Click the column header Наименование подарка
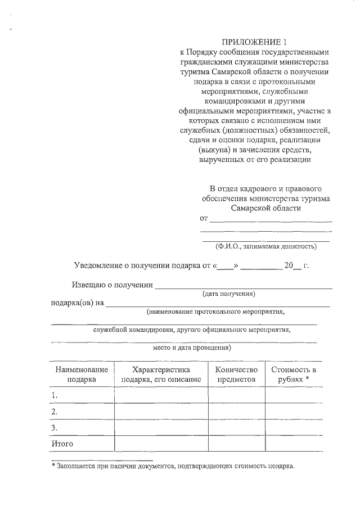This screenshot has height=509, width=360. point(82,374)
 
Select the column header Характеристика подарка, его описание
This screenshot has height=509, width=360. point(161,374)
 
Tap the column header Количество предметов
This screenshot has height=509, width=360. point(236,374)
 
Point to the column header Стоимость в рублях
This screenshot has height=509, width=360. point(293,374)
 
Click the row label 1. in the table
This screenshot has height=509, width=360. point(55,395)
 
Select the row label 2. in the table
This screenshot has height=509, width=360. point(55,412)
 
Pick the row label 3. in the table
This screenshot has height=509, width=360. point(55,428)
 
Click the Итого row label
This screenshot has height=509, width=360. point(62,444)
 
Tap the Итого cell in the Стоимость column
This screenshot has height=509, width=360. point(293,444)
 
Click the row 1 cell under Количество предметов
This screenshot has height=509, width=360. point(236,395)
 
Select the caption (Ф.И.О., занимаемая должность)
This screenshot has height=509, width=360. point(265,246)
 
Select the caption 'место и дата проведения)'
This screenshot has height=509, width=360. point(192,348)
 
